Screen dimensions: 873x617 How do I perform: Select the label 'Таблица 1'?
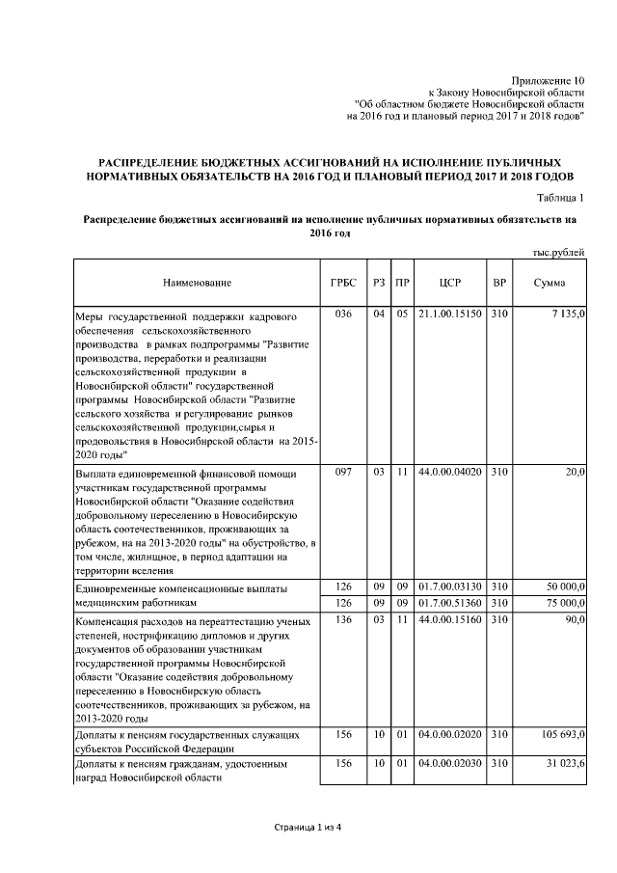click(558, 198)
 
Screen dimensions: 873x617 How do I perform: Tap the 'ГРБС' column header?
click(342, 283)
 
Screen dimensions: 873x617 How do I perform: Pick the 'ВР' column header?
click(499, 283)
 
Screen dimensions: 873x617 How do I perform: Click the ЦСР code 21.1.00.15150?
click(450, 315)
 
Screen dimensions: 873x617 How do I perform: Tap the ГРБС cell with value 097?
click(342, 473)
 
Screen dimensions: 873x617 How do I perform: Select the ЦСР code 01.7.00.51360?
click(450, 603)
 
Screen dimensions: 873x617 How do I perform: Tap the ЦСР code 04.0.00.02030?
click(450, 765)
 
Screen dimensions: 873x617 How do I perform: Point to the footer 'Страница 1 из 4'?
click(308, 828)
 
